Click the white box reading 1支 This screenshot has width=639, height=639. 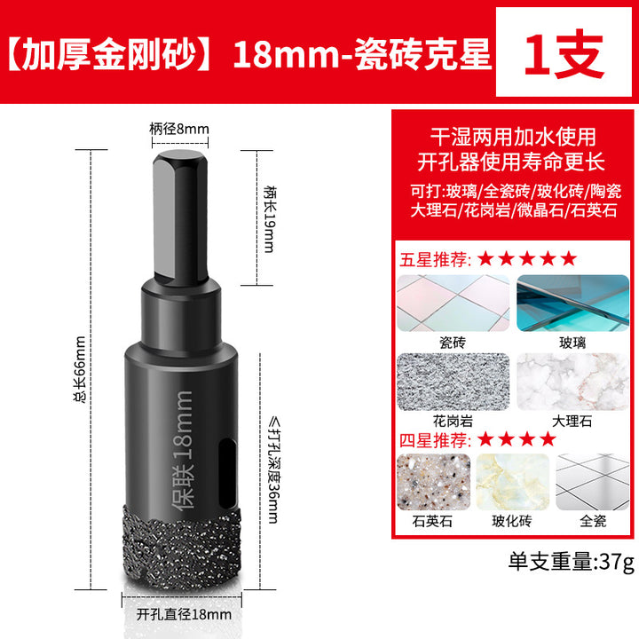point(564,51)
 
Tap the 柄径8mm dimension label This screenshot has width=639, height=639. point(179,130)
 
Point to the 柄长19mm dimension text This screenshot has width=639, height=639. point(270,219)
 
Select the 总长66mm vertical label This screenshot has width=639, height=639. point(80,369)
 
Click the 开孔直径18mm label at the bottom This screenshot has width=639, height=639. point(184,614)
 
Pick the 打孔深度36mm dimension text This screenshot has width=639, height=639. point(273,469)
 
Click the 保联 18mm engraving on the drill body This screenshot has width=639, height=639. point(182,450)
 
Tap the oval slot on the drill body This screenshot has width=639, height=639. point(226,472)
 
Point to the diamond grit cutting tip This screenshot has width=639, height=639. point(182,548)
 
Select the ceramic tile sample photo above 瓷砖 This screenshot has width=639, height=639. point(453,303)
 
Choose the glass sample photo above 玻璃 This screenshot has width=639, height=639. point(572,303)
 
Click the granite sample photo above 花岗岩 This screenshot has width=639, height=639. point(453,382)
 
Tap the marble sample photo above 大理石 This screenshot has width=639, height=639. point(572,382)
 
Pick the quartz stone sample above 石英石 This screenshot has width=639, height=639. point(433,482)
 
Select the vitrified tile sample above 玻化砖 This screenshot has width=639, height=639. point(512,482)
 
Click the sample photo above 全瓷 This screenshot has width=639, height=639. point(593,482)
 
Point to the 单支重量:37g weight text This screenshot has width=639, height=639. point(572,562)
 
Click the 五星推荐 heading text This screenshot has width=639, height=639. point(435,259)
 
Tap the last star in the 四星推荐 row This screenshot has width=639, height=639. point(548,439)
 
